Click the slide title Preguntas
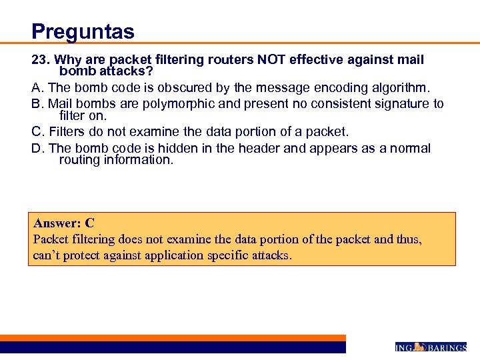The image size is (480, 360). (83, 31)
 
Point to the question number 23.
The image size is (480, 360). (41, 60)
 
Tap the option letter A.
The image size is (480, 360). (37, 87)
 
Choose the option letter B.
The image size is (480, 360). (37, 104)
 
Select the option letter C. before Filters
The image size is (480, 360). (39, 132)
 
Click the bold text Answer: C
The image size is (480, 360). (64, 223)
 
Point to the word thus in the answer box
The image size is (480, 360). (409, 239)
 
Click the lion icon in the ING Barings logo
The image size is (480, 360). (419, 346)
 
